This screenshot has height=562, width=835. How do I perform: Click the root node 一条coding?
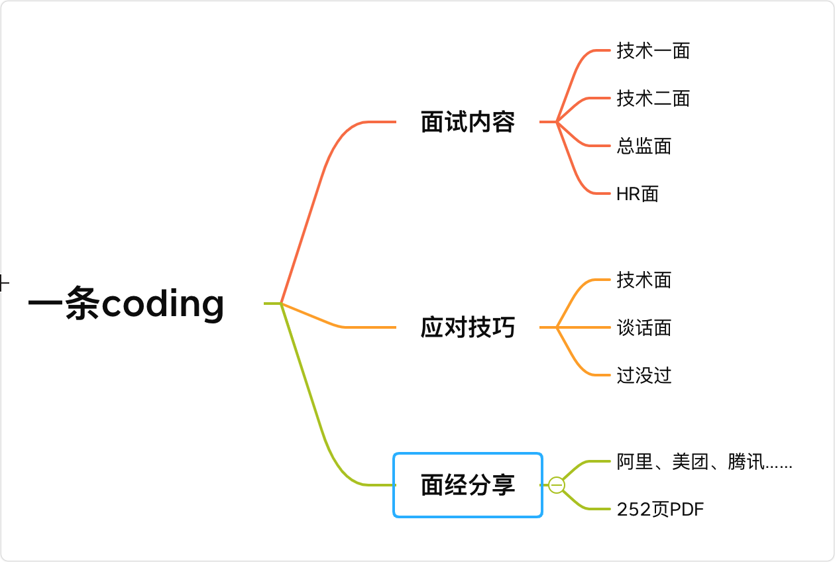pyautogui.click(x=126, y=304)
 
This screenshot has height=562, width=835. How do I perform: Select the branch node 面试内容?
pyautogui.click(x=468, y=122)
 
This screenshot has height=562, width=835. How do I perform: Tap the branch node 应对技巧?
pyautogui.click(x=468, y=327)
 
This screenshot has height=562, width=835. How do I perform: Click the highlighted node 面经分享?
pyautogui.click(x=468, y=485)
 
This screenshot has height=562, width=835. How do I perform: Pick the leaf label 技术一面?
pyautogui.click(x=653, y=50)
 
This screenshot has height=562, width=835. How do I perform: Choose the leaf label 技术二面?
pyautogui.click(x=653, y=98)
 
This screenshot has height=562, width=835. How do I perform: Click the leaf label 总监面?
pyautogui.click(x=643, y=146)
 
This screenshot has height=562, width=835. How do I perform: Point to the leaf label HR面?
pyautogui.click(x=638, y=194)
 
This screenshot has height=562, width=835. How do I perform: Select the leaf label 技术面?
pyautogui.click(x=643, y=280)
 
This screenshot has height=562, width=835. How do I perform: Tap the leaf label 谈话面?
pyautogui.click(x=643, y=327)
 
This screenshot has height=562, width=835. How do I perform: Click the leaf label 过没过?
pyautogui.click(x=643, y=375)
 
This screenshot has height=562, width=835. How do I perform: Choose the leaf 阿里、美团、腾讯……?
pyautogui.click(x=704, y=461)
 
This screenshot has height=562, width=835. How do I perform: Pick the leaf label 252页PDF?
pyautogui.click(x=660, y=509)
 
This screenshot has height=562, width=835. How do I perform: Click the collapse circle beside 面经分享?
pyautogui.click(x=557, y=485)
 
